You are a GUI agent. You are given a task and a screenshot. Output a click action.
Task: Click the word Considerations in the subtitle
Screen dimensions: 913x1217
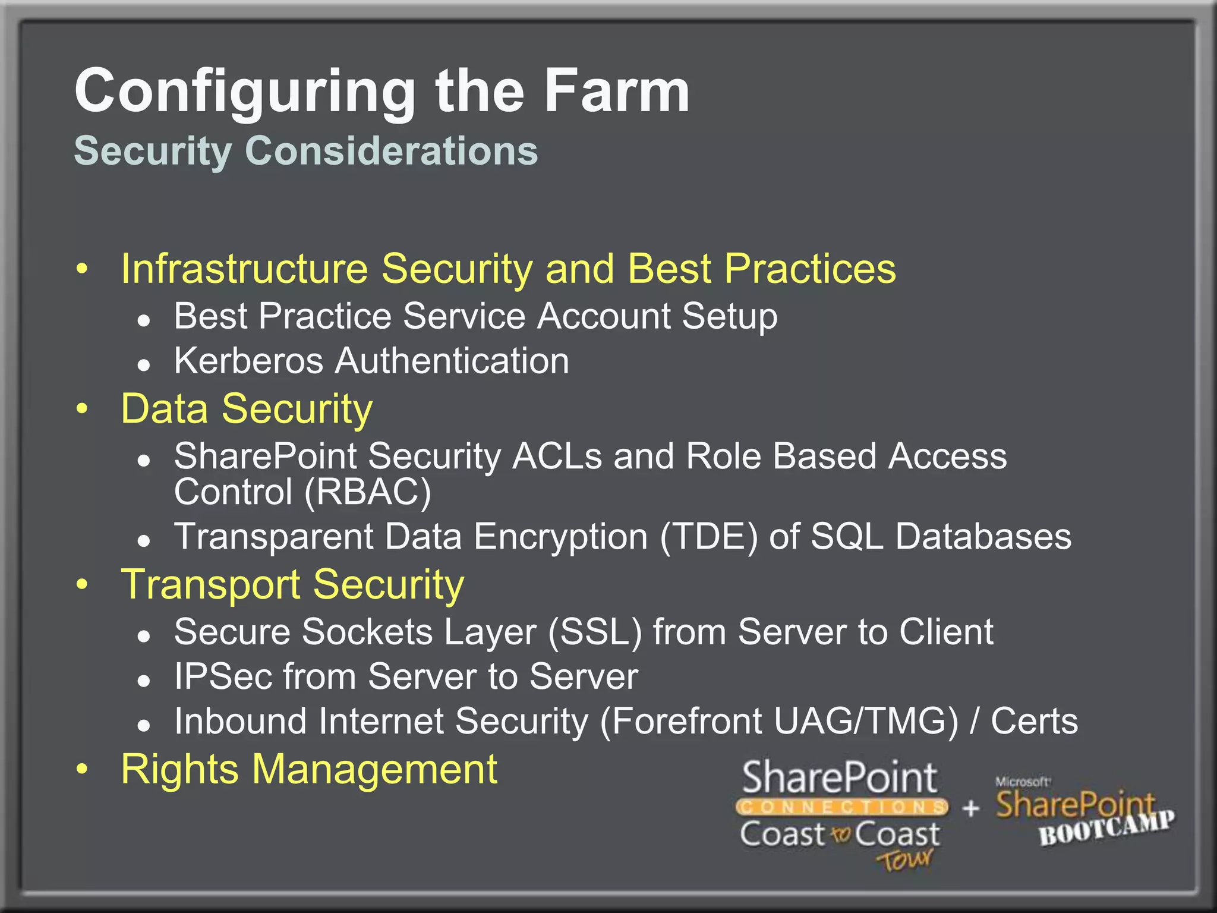(x=391, y=150)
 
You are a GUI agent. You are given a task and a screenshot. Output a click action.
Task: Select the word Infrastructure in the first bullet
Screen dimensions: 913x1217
(x=244, y=269)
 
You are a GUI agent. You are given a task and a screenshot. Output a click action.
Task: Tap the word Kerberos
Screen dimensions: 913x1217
(x=248, y=361)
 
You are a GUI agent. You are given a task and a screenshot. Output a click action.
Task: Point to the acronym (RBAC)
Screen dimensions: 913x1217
(x=367, y=492)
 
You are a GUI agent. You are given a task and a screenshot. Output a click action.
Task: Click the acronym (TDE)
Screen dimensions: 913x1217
(x=709, y=537)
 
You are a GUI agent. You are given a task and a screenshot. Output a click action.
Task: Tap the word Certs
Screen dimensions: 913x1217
(x=1034, y=722)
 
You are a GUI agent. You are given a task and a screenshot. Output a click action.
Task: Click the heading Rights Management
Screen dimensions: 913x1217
(x=308, y=769)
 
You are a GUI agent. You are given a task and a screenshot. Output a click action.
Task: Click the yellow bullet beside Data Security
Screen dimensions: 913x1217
(x=82, y=409)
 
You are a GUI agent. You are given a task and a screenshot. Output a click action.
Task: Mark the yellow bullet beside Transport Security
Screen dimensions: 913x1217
(x=82, y=584)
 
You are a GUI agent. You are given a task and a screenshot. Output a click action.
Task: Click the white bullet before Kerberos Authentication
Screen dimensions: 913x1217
(x=143, y=364)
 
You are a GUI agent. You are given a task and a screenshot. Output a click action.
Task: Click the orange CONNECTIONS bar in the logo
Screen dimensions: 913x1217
(x=841, y=807)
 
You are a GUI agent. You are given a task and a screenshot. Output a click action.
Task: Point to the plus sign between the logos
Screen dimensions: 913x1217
(x=971, y=808)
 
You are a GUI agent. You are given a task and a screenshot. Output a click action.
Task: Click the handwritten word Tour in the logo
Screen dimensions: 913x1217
(x=904, y=860)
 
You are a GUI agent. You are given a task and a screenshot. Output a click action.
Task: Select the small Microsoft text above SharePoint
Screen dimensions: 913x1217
(x=1022, y=782)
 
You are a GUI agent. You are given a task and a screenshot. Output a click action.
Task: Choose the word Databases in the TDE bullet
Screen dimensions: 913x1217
(x=983, y=537)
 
